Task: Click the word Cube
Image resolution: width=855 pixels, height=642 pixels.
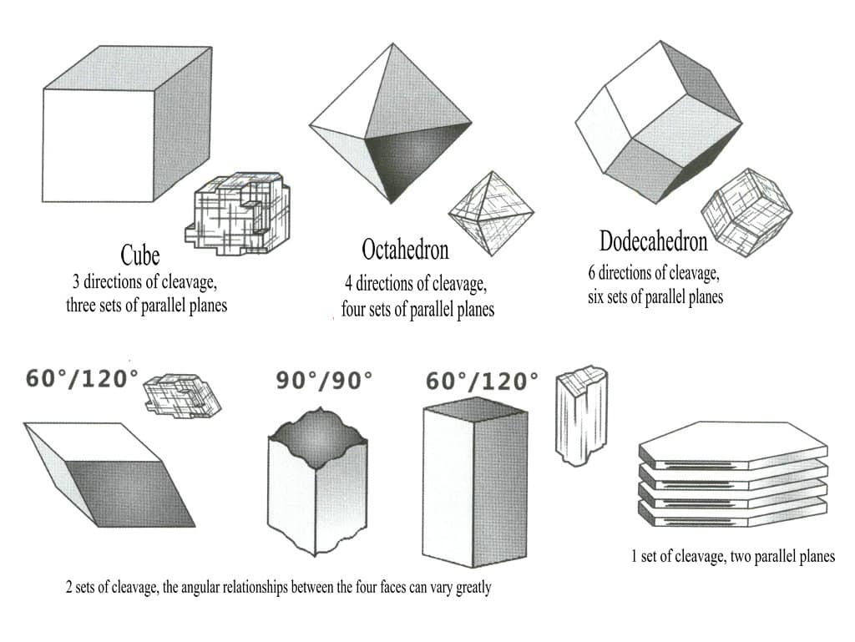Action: (x=140, y=255)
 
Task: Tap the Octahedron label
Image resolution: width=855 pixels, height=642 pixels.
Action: (x=405, y=250)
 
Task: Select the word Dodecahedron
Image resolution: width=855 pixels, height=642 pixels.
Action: (x=653, y=241)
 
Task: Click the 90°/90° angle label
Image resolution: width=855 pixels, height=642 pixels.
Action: (x=324, y=381)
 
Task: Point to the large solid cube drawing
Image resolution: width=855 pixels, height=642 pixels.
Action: (x=127, y=124)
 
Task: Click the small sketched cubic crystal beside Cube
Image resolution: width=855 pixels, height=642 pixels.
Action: (x=238, y=214)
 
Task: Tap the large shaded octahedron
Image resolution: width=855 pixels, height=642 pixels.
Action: (x=391, y=124)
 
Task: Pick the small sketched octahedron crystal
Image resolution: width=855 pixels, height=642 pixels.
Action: (x=491, y=214)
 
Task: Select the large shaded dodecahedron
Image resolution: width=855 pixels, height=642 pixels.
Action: (x=658, y=122)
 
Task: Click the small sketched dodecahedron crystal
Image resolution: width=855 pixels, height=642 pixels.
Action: (x=746, y=213)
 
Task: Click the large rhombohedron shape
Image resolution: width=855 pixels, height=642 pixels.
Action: (x=109, y=475)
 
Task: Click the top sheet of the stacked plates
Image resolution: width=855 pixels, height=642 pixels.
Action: (x=733, y=445)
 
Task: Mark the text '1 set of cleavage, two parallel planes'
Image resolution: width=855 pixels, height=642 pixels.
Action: (x=733, y=557)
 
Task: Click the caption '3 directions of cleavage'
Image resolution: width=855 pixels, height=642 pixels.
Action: (x=145, y=281)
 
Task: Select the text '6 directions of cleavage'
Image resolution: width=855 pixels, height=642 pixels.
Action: (x=654, y=272)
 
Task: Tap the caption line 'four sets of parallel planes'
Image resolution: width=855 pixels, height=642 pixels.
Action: (x=417, y=310)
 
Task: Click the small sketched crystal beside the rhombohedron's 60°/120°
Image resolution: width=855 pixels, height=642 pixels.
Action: (x=182, y=397)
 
